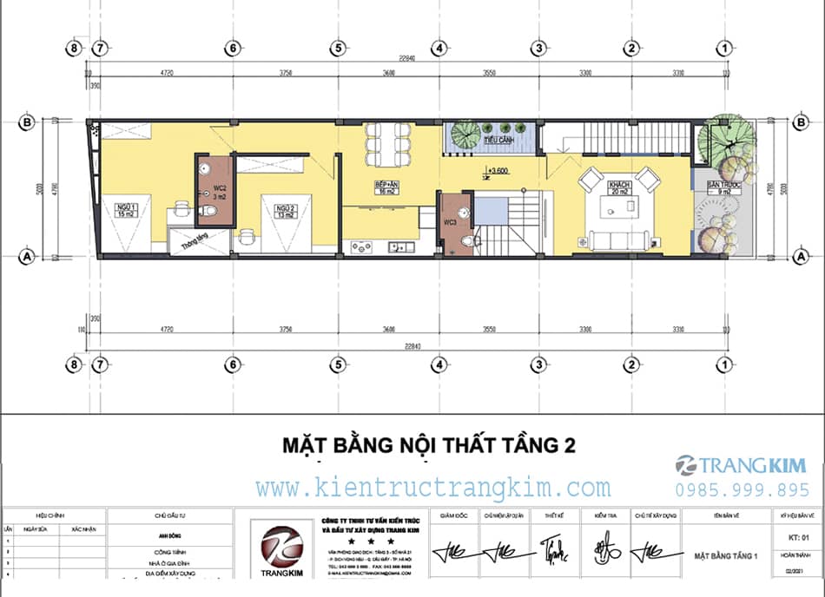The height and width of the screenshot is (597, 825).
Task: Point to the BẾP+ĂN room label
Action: [x=386, y=188]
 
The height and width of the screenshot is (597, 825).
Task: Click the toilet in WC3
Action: [x=468, y=240]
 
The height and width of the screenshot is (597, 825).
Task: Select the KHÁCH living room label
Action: [x=619, y=188]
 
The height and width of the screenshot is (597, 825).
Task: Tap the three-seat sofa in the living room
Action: [x=617, y=239]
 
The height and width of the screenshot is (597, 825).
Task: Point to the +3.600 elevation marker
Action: [x=498, y=171]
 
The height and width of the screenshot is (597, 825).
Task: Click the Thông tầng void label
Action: [x=193, y=244]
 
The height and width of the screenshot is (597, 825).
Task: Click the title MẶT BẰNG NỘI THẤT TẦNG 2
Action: [x=429, y=446]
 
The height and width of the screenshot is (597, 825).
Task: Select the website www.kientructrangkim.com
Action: [x=432, y=487]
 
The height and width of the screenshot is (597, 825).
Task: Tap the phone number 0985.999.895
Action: [x=742, y=489]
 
